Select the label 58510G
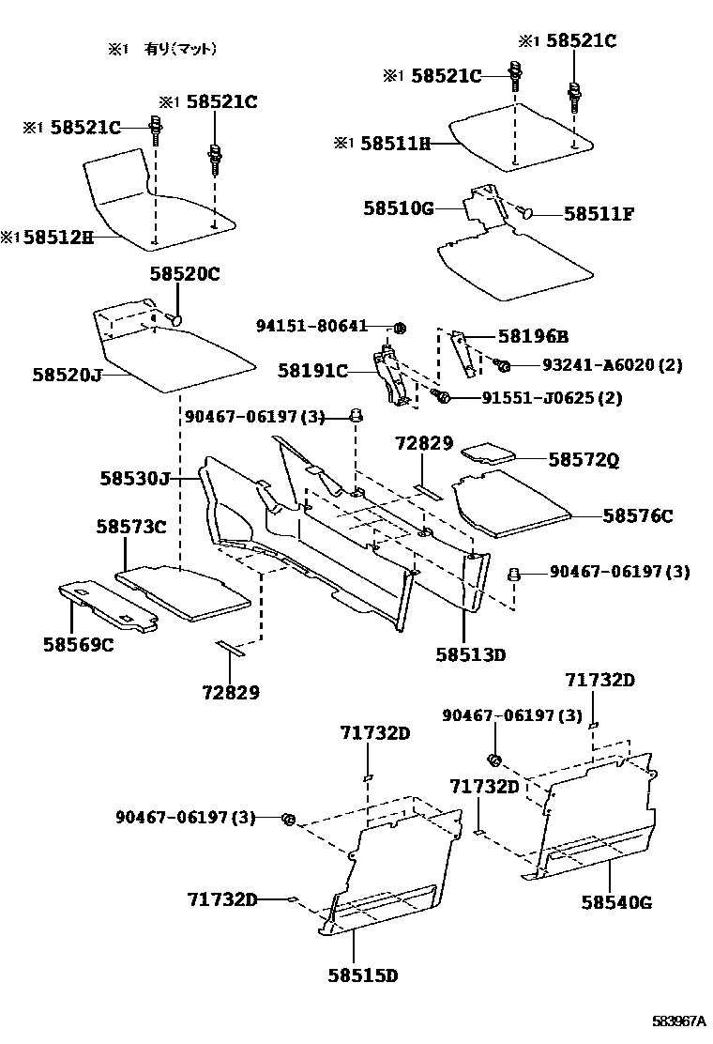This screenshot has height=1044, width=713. click(x=399, y=209)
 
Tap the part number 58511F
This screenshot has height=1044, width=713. click(x=599, y=214)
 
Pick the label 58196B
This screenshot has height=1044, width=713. click(x=533, y=336)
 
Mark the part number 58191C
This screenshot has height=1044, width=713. click(x=312, y=372)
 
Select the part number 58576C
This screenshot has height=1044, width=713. click(x=638, y=515)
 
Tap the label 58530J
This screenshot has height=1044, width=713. click(x=135, y=479)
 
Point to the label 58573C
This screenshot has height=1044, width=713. click(x=130, y=528)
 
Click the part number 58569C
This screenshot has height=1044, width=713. click(x=78, y=645)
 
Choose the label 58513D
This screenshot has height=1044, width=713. click(x=470, y=654)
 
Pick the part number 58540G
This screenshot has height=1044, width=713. click(x=616, y=903)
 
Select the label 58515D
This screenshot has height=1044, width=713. click(x=363, y=975)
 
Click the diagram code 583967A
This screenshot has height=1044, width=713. click(x=680, y=1021)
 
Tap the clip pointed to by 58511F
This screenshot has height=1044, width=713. click(x=525, y=214)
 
